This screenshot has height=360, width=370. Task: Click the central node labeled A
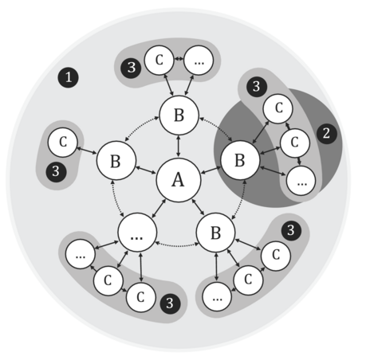coord(178,180)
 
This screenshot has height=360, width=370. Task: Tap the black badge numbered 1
coord(69,77)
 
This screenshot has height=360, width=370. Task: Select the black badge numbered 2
coord(327,134)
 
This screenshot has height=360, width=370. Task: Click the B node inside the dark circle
coord(240,160)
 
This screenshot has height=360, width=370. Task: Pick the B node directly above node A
coord(179,115)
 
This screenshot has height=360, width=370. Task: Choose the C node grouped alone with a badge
coord(63,143)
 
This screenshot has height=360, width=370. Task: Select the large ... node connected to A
coord(137,233)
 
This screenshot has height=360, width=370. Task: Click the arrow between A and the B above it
coord(179,147)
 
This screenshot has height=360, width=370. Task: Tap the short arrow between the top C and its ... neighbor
coord(179,59)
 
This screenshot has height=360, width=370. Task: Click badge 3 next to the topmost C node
coord(131,68)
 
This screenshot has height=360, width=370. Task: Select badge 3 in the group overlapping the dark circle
coord(257,87)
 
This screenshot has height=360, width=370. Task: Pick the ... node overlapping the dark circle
coord(301,181)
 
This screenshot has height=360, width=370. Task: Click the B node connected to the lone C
coord(116,161)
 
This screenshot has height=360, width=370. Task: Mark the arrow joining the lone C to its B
coord(87,150)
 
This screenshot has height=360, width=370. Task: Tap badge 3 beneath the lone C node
coord(56,171)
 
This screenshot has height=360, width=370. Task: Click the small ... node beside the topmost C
coord(199,60)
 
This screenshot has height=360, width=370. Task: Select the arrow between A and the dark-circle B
coord(211,170)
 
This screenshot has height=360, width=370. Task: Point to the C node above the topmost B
coord(159,60)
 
